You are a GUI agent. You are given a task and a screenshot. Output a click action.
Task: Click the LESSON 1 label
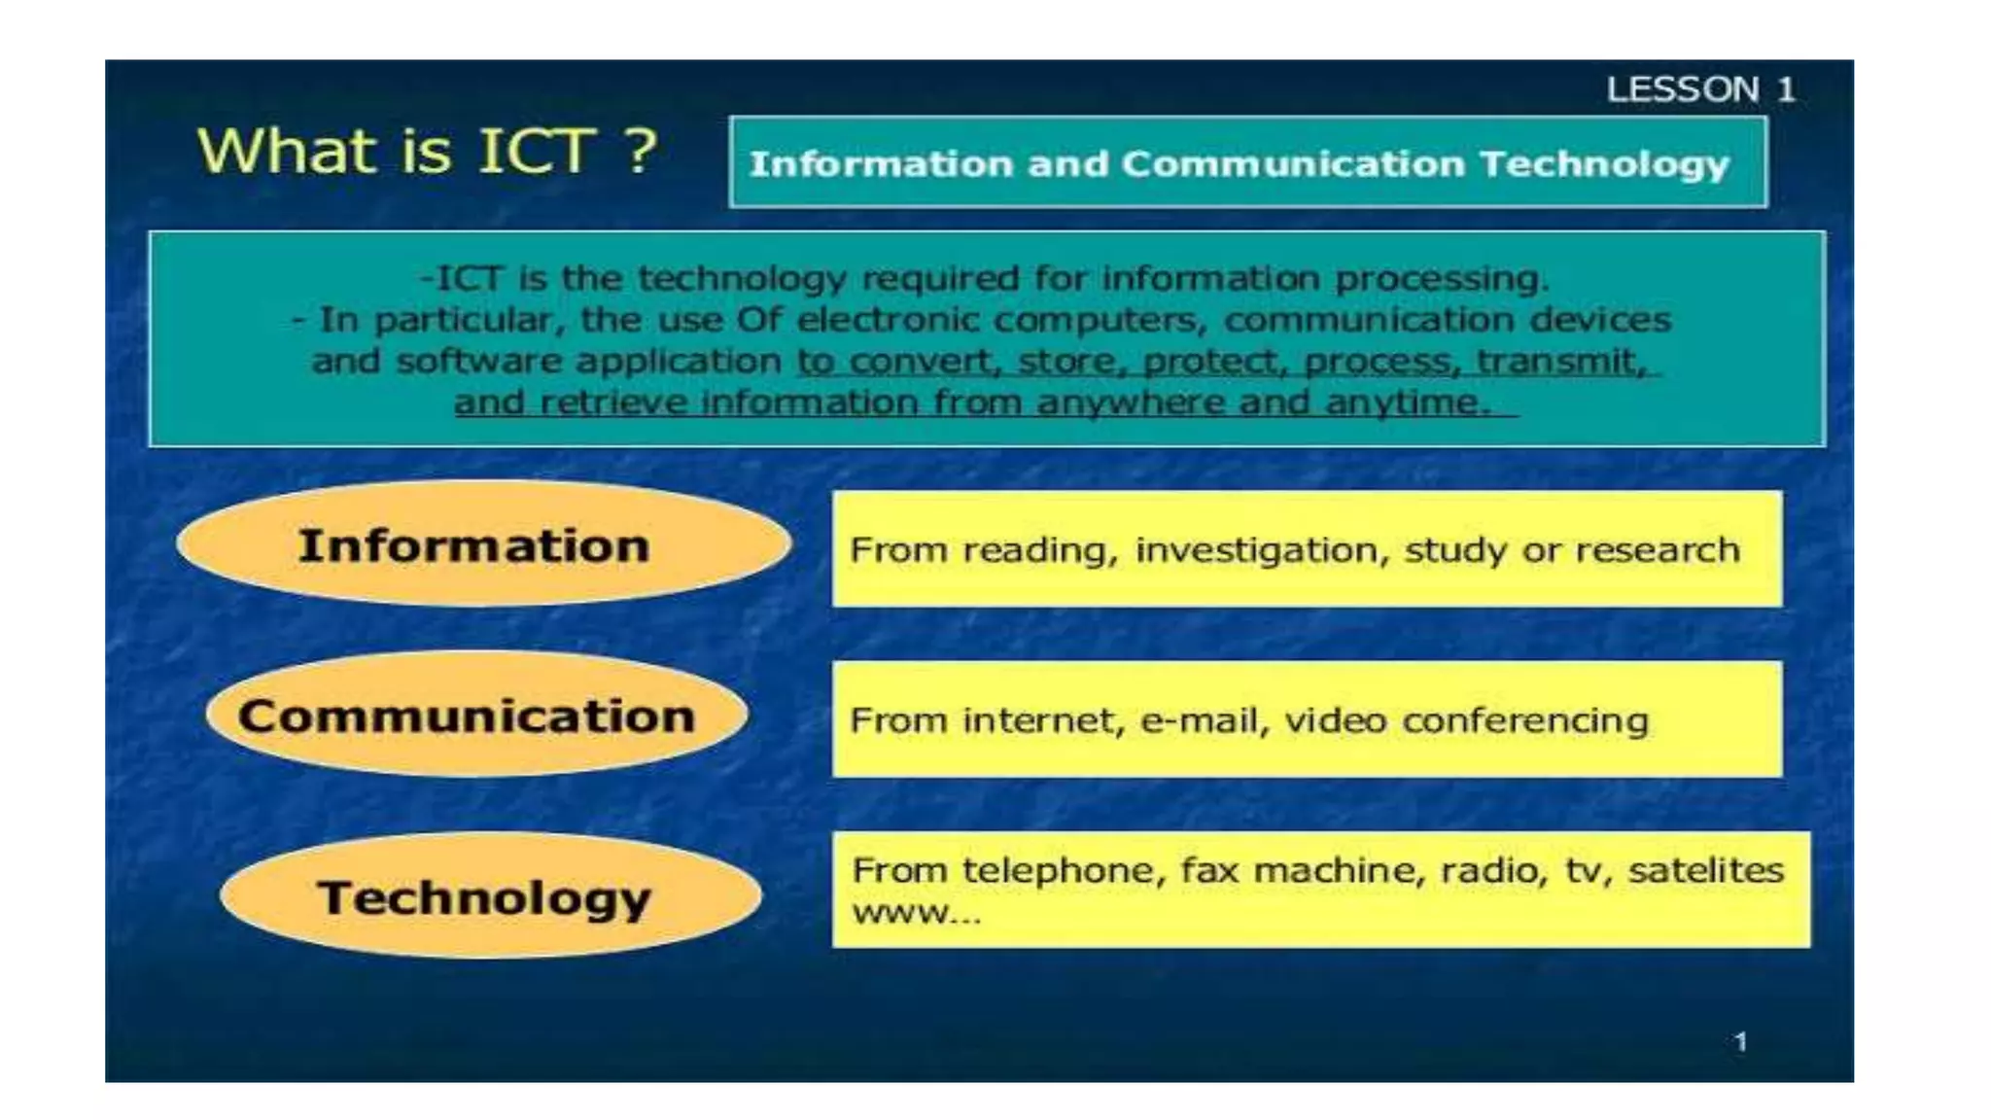[x=1699, y=89]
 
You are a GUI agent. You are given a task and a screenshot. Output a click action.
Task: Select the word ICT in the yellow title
[x=535, y=151]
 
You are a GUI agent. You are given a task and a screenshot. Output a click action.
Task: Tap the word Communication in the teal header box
[x=1293, y=164]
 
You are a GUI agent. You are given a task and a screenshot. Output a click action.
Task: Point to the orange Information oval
[x=483, y=544]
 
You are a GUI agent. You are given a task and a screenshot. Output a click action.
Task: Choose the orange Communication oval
[x=475, y=716]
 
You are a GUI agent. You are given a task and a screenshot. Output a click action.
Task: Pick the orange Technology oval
[x=490, y=896]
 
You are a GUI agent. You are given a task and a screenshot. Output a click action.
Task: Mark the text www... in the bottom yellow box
[x=916, y=913]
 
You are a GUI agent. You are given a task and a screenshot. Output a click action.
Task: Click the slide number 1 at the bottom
[x=1740, y=1042]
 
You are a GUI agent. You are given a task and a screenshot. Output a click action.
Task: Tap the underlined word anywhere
[x=1131, y=402]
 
